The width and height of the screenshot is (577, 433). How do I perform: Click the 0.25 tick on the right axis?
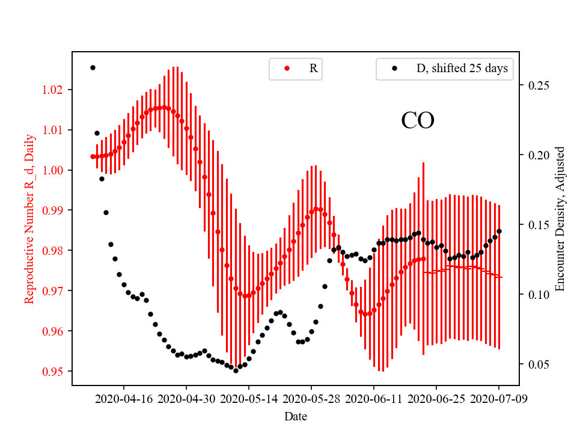click(x=539, y=85)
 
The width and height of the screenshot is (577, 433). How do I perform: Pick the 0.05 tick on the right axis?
click(x=539, y=364)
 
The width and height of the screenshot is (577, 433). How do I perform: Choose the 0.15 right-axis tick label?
click(x=539, y=225)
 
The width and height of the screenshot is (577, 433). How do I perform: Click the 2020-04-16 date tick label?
click(x=124, y=399)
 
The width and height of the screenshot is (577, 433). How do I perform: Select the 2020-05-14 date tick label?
click(x=249, y=399)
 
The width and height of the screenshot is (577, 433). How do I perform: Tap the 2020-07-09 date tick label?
click(x=498, y=399)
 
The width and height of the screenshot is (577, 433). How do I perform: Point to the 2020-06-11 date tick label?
click(x=374, y=399)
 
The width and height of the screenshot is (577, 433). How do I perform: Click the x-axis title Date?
click(x=296, y=416)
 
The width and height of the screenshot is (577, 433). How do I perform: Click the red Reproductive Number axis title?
click(x=29, y=218)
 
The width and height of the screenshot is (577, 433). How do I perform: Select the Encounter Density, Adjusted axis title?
click(x=560, y=218)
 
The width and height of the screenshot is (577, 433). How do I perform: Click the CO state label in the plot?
click(x=418, y=121)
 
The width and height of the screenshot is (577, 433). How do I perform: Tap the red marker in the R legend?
click(x=287, y=69)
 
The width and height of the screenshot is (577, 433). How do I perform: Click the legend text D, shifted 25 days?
click(x=462, y=69)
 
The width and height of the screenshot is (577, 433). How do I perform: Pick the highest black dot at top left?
click(x=93, y=67)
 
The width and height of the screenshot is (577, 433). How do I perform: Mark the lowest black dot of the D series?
click(x=236, y=370)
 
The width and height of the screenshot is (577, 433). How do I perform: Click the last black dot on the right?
click(x=499, y=231)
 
